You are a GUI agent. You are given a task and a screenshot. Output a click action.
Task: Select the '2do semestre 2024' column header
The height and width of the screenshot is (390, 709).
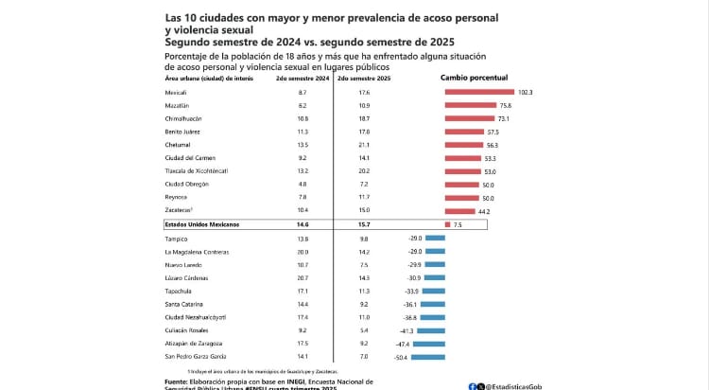[302, 80]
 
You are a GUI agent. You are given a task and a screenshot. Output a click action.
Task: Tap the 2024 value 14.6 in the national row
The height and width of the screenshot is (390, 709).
[303, 225]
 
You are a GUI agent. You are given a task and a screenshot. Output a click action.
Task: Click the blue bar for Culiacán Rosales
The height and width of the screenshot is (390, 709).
[437, 330]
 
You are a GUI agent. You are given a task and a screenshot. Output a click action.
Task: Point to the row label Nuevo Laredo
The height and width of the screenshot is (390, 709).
[182, 265]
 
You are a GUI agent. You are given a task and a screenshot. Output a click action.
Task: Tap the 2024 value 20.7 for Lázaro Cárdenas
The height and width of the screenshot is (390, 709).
[303, 278]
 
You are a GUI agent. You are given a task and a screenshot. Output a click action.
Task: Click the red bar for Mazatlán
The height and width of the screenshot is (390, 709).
[471, 105]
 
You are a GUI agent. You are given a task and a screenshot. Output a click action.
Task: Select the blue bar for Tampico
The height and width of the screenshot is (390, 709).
[441, 239]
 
